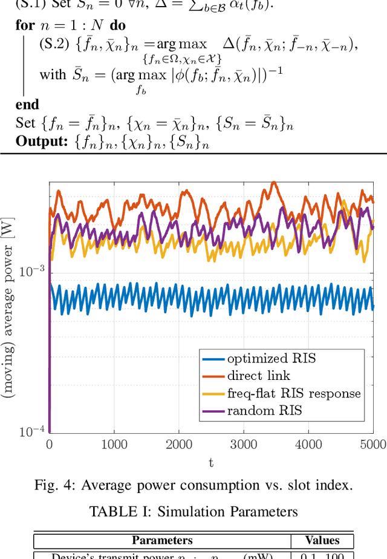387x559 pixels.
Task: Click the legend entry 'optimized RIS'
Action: click(x=271, y=358)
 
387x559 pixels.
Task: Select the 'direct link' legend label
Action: click(x=259, y=376)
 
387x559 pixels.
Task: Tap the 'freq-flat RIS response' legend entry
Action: click(x=293, y=393)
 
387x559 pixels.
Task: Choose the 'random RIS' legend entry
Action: click(x=264, y=411)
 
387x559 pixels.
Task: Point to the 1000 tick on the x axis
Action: click(x=114, y=445)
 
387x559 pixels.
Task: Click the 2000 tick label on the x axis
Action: click(x=178, y=445)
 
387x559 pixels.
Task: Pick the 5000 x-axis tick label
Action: click(x=372, y=445)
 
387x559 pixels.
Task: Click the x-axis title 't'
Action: click(x=211, y=463)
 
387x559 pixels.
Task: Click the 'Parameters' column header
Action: click(x=162, y=540)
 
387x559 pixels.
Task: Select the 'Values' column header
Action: click(x=322, y=540)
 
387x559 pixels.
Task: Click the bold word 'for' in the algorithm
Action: click(x=25, y=25)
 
